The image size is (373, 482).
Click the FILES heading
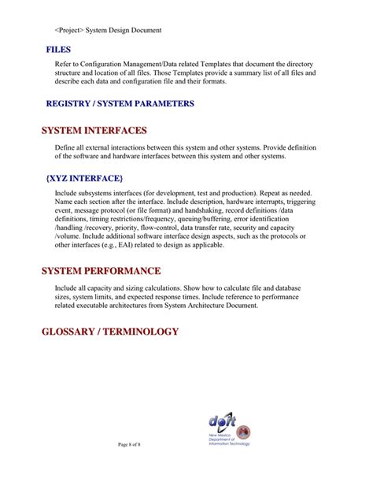(59, 50)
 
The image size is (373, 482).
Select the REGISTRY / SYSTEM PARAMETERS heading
(120, 103)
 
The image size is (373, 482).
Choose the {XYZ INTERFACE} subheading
(84, 178)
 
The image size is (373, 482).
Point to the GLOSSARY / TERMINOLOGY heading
(109, 332)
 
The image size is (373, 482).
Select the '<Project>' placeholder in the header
(70, 31)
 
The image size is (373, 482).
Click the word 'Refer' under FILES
(63, 63)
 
